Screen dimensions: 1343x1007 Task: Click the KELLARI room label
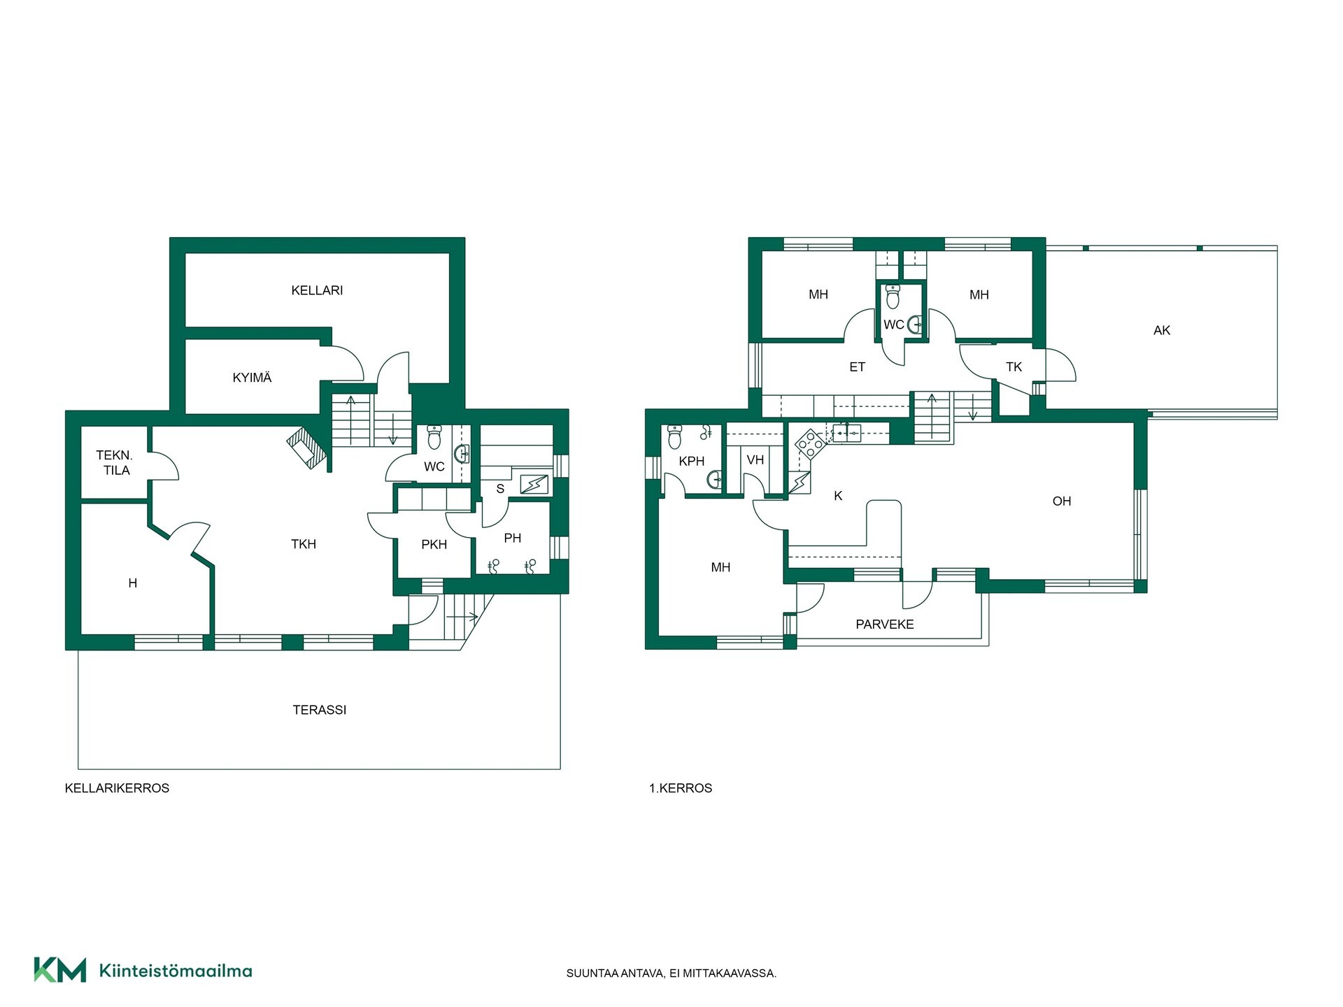click(x=317, y=290)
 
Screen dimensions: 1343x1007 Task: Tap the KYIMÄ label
click(x=252, y=378)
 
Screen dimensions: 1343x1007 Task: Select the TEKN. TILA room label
click(x=115, y=463)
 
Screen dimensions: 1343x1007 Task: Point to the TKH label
click(x=304, y=544)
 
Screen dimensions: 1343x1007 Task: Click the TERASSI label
click(x=320, y=710)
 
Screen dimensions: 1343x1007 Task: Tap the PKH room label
click(x=434, y=544)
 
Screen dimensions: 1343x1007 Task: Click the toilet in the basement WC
click(x=434, y=437)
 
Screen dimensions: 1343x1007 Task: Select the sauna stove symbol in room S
click(x=534, y=484)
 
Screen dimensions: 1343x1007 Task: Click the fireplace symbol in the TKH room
click(x=307, y=448)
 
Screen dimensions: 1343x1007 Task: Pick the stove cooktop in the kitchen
click(x=811, y=443)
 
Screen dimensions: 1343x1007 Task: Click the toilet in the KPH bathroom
click(x=675, y=436)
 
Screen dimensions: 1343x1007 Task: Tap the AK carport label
click(x=1162, y=330)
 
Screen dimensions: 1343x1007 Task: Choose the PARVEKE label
click(x=885, y=624)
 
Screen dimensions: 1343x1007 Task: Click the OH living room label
click(x=1062, y=501)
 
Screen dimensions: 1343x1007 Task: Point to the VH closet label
click(x=755, y=460)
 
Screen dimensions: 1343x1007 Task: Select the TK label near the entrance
click(x=1014, y=367)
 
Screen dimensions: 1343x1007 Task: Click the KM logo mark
click(x=60, y=970)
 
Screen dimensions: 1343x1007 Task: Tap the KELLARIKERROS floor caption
click(x=117, y=788)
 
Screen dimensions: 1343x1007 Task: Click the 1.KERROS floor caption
click(x=681, y=788)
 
